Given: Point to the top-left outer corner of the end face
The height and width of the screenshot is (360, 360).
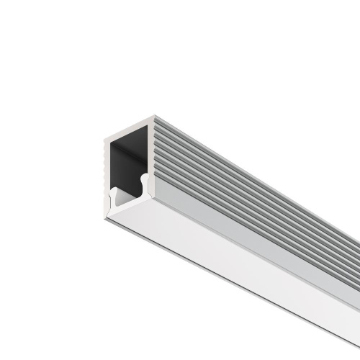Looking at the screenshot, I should point(103,138).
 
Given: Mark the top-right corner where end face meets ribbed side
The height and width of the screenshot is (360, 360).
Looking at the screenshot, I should point(153,115).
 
